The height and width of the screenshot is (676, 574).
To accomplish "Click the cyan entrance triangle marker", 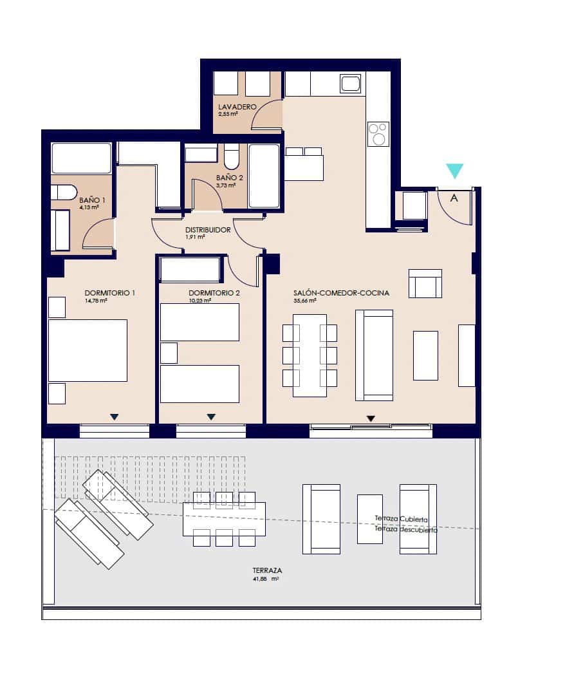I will coord(454,170).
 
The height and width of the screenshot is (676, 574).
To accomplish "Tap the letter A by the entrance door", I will coord(454,198).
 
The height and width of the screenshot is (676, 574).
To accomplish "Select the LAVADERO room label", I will coord(237,107).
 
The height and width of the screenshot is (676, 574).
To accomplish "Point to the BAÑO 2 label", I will coord(229,178).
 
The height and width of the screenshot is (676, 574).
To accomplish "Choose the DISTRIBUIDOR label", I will coord(207,230).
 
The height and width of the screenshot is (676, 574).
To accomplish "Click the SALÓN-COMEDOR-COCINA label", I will coord(341,293).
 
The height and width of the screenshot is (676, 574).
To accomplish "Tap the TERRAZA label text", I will coord(268,570).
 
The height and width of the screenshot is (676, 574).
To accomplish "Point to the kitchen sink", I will coord(351,84).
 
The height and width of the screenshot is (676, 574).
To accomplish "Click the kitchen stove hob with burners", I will coord(378,134).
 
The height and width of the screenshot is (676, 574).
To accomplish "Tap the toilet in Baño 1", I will coord(64,192).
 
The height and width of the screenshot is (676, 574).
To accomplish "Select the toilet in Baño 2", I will coord(232,157).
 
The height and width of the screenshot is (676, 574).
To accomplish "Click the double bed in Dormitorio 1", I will coord(88,350).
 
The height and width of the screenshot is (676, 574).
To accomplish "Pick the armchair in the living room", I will coord(425,283).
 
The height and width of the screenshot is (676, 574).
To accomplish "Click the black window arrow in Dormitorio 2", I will coord(211,417).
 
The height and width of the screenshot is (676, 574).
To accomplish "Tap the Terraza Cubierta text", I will coord(402,519).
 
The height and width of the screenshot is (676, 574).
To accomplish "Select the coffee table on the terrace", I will coord(370,519).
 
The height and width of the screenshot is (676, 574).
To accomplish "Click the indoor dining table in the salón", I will coord(310,355).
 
